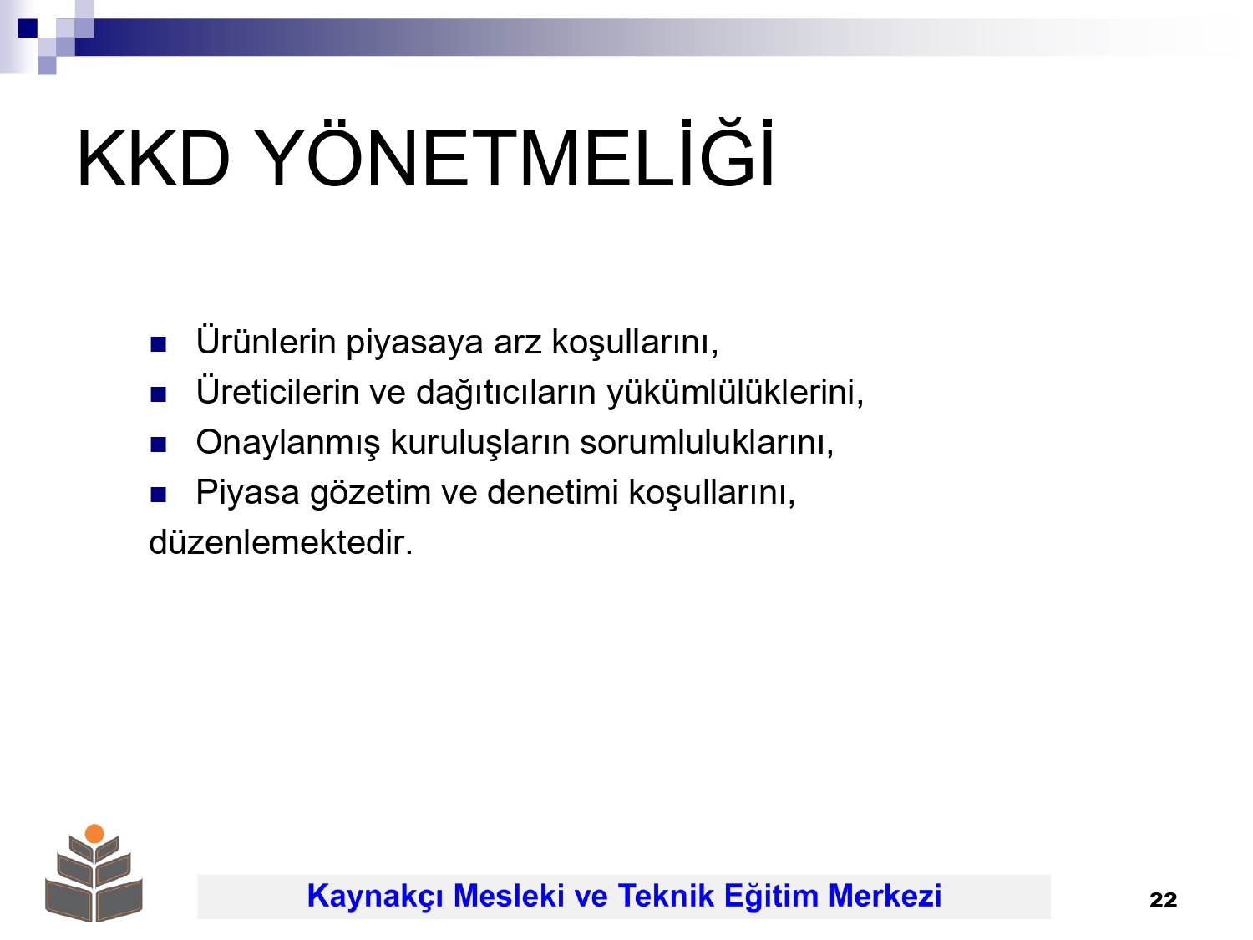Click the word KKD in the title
pos(153,159)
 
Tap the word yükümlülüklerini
pos(735,394)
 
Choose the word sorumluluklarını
pos(707,443)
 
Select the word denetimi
pos(553,492)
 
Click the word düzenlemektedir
pos(281,542)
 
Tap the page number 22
pos(1163,901)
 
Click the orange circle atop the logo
pos(94,834)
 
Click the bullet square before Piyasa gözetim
pos(158,495)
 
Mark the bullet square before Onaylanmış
pos(158,445)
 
